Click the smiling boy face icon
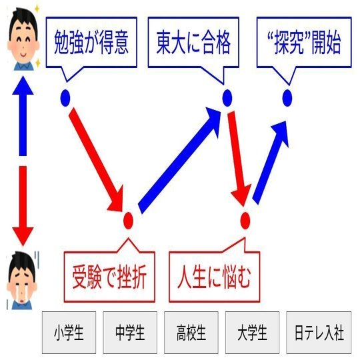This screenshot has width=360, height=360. point(23,39)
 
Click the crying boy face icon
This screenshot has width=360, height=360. point(23,280)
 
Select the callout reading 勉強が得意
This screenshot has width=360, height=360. point(91,42)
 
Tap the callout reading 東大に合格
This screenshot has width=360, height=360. point(193,42)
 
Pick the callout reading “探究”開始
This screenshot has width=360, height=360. point(304,42)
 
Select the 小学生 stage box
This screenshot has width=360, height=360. point(69,333)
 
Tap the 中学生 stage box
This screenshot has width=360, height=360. point(130,333)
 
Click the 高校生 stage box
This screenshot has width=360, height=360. point(191,333)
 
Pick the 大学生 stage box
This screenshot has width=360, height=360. point(252,333)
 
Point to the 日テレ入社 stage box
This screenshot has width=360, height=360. point(319,333)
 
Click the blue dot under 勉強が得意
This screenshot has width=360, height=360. point(65,98)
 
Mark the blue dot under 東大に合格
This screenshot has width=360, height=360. point(227,98)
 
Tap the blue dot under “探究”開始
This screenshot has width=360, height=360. point(287,98)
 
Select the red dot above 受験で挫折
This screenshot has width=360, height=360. point(128,221)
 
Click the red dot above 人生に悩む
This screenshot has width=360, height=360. point(245,221)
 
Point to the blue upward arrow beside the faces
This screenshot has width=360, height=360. point(23,116)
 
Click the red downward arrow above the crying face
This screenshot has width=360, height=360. point(23,206)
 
